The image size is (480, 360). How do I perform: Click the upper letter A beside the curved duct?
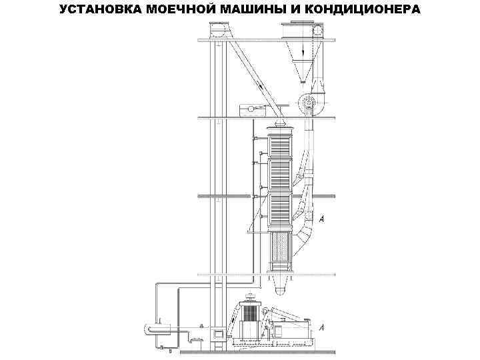coord(322,217)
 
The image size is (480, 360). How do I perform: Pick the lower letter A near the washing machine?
coord(322,328)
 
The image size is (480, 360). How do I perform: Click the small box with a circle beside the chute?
coord(251,108)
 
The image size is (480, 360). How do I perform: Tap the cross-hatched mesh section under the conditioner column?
coord(279,251)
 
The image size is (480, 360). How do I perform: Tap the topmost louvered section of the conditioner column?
coord(279,144)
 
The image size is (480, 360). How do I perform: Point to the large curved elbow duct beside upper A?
coord(303,233)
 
